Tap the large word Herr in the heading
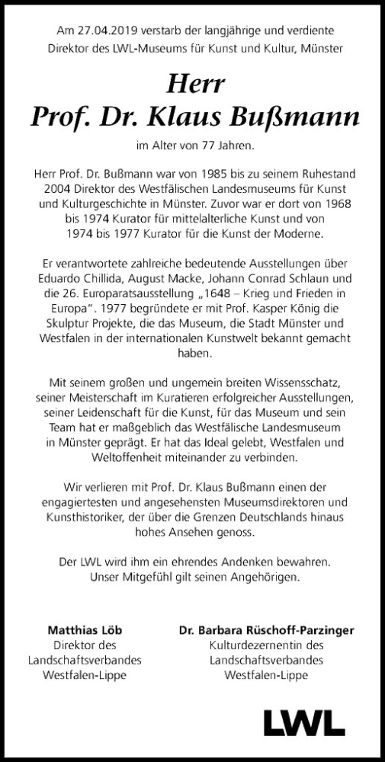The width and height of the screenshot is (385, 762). click(x=192, y=82)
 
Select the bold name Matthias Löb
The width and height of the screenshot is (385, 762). click(x=85, y=629)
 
